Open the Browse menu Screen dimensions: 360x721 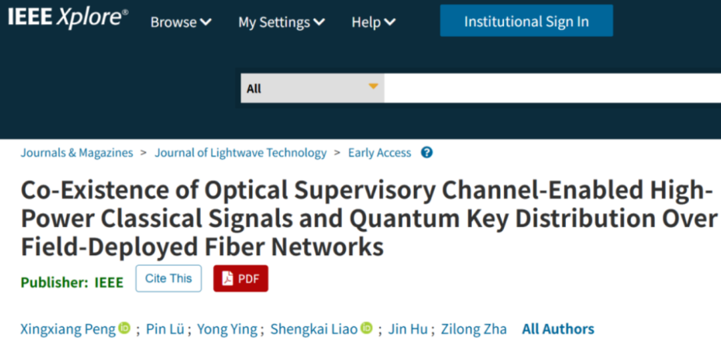point(180,22)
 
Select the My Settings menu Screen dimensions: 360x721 point(281,22)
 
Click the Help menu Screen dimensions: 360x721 point(373,22)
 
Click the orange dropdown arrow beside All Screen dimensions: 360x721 point(373,87)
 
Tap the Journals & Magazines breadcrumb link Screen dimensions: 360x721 point(77,153)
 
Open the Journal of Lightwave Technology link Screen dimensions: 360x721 point(240,153)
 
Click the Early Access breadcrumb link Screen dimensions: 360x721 point(379,153)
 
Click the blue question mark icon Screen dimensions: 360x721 point(427,152)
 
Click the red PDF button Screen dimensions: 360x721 point(240,279)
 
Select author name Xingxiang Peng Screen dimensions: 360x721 point(68,329)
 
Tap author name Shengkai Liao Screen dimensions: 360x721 point(314,329)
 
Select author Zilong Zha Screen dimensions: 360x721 point(473,329)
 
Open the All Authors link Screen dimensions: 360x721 point(558,329)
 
